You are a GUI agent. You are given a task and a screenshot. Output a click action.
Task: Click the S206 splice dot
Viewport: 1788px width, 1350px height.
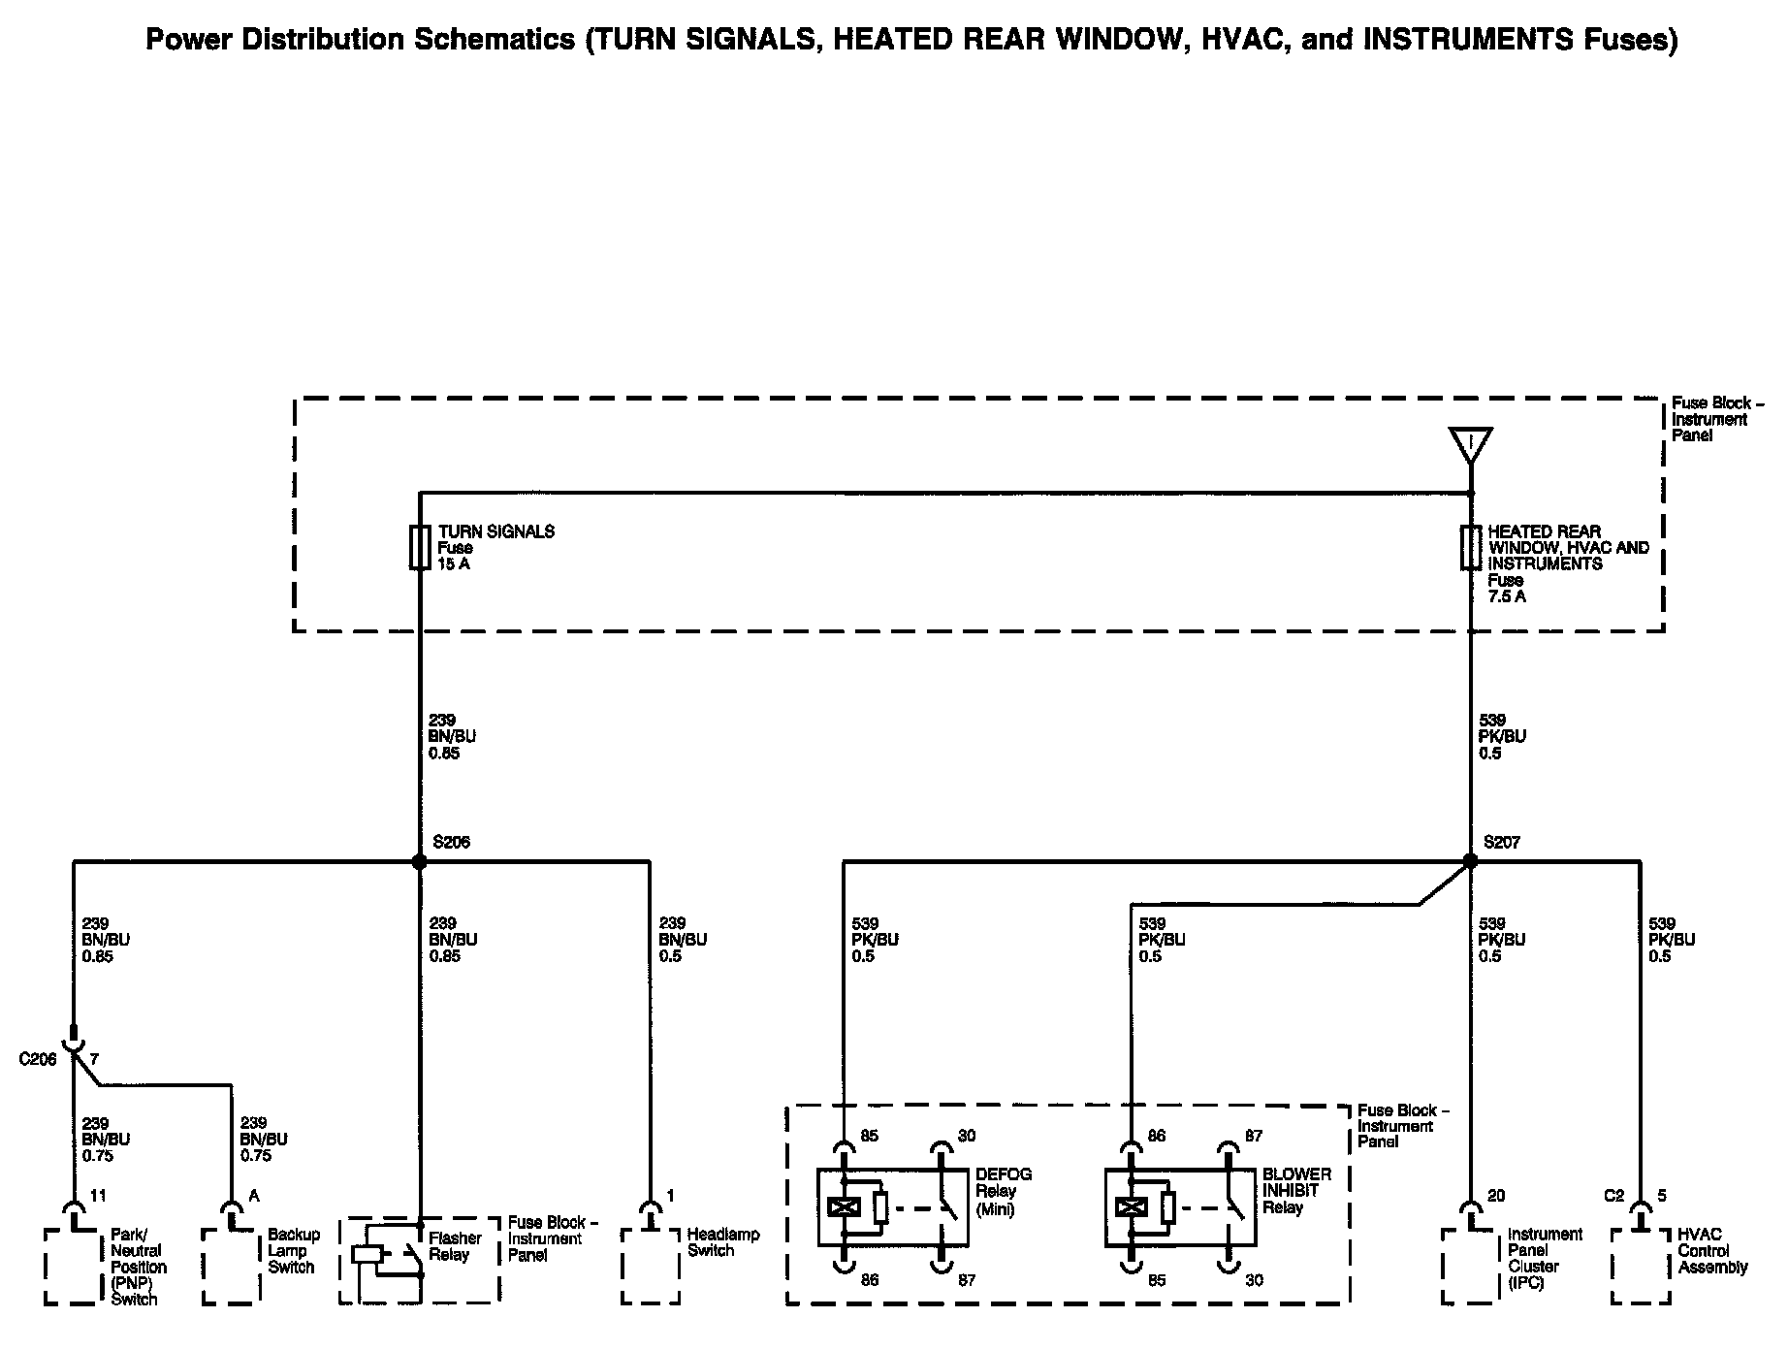coord(419,861)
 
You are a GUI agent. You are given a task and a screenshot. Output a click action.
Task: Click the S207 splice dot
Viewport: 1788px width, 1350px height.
coord(1470,861)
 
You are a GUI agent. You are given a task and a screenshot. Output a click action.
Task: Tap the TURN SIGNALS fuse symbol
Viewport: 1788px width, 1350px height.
coord(420,547)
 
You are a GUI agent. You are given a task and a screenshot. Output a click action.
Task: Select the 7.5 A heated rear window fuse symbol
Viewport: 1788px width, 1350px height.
coord(1471,548)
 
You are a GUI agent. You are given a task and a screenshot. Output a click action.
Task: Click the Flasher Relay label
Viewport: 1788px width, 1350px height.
coord(455,1246)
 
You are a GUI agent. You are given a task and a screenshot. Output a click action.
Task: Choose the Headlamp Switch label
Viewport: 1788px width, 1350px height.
coord(722,1242)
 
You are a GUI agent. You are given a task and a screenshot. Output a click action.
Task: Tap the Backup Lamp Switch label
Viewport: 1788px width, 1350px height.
coord(293,1250)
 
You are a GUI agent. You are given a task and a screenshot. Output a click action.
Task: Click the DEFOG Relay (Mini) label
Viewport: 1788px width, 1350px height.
coord(1004,1191)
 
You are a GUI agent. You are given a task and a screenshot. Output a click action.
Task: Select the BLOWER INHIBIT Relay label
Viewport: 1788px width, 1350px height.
coord(1296,1191)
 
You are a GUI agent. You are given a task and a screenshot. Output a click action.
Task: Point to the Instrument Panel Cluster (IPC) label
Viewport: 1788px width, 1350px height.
coord(1545,1258)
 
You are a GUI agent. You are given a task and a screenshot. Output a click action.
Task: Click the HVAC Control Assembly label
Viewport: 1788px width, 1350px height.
coord(1712,1250)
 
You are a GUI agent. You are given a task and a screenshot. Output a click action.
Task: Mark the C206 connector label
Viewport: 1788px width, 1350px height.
coord(38,1059)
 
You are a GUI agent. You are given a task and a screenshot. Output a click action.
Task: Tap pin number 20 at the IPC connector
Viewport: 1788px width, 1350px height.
coord(1496,1196)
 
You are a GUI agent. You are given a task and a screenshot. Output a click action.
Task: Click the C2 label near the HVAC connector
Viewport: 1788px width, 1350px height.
coord(1613,1196)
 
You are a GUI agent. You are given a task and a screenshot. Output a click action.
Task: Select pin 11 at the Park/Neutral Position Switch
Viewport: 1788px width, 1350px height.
coord(97,1196)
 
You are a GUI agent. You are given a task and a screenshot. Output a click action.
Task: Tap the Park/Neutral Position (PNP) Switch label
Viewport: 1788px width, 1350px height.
coord(137,1267)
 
